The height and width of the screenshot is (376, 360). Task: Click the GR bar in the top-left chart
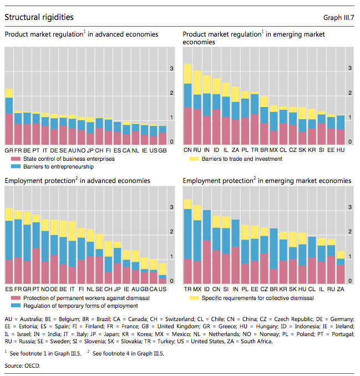9,116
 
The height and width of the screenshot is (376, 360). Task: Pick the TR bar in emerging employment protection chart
187,241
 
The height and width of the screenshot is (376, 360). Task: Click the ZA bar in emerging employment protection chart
341,267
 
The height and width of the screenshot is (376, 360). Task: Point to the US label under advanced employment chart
163,289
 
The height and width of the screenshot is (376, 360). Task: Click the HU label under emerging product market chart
340,150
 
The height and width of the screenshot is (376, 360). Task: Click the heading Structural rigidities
39,18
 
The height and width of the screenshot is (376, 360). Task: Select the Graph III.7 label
339,18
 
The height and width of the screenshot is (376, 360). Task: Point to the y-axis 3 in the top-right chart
349,68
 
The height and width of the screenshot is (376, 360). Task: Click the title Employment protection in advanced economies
77,181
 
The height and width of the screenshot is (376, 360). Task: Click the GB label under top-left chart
163,150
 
